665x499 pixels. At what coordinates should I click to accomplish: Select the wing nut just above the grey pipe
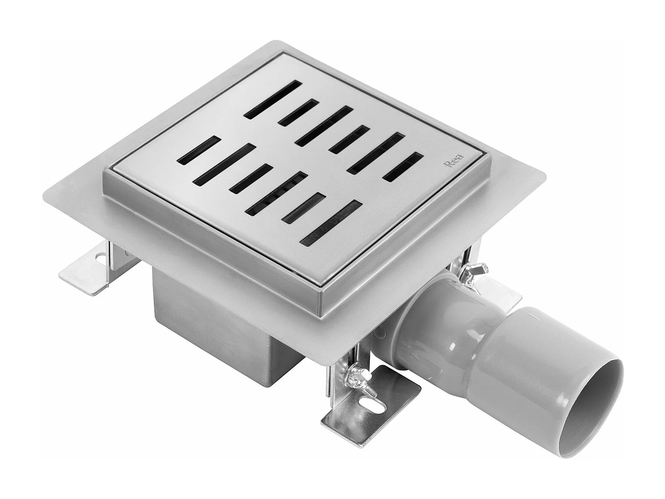pos(476,272)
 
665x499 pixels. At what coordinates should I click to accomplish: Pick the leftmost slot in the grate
pos(199,149)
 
